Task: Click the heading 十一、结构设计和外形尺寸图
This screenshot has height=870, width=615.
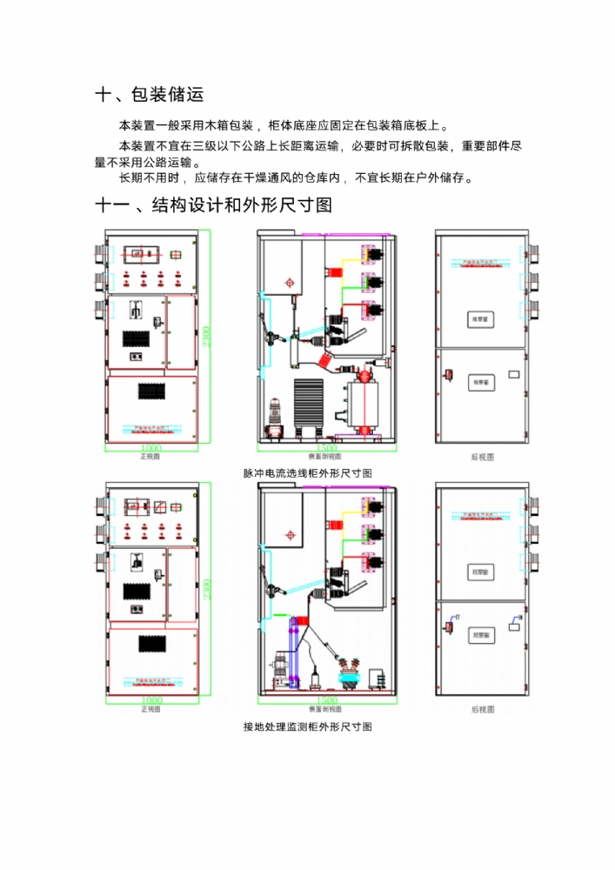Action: [213, 206]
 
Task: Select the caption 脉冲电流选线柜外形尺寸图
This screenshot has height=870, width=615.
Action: [307, 473]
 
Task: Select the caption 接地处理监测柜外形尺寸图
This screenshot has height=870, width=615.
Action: [307, 727]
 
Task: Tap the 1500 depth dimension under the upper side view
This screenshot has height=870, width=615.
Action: [327, 448]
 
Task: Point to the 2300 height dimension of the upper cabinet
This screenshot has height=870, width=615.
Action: [206, 338]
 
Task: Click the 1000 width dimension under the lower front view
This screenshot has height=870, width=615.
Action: [150, 700]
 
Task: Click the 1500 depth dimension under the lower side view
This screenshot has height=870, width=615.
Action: [327, 700]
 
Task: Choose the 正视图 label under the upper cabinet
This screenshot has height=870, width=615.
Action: [150, 455]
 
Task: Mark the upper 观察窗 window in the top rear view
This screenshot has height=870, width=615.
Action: [481, 319]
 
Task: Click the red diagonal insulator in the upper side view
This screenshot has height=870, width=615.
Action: [323, 358]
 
